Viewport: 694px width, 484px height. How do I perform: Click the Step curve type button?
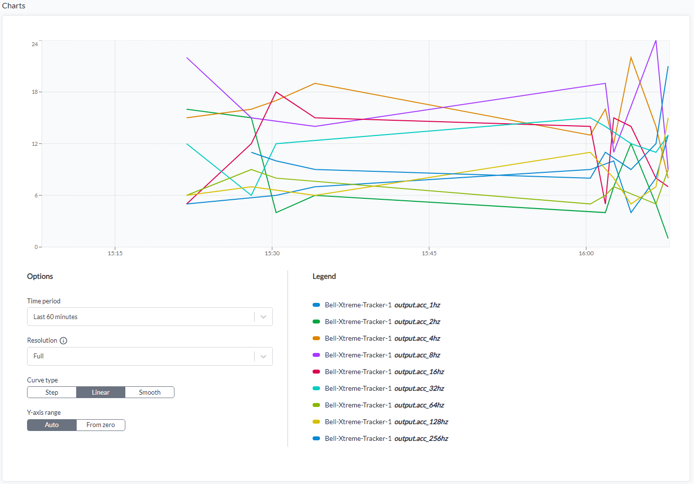coord(52,392)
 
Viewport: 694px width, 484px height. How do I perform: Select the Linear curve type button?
coord(101,392)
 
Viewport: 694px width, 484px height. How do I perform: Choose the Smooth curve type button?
coord(149,392)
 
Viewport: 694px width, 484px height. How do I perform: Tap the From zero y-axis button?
coord(101,425)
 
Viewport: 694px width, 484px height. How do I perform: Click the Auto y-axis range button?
coord(52,425)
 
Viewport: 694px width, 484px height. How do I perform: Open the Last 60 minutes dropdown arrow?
coord(263,317)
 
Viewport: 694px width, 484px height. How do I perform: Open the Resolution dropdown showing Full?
coord(149,356)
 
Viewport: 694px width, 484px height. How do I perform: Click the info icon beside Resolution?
coord(63,341)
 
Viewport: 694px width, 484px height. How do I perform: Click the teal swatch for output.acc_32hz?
coord(317,388)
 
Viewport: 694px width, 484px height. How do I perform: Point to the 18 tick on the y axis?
coord(34,92)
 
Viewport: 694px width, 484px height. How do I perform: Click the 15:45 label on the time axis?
coord(429,253)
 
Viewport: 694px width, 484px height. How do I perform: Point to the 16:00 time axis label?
coord(586,253)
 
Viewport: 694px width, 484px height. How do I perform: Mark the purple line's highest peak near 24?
coord(656,41)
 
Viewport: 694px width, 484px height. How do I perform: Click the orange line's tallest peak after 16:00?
coord(631,57)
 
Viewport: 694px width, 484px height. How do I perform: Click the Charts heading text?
coord(14,5)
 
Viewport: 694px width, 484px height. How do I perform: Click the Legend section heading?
coord(324,276)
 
